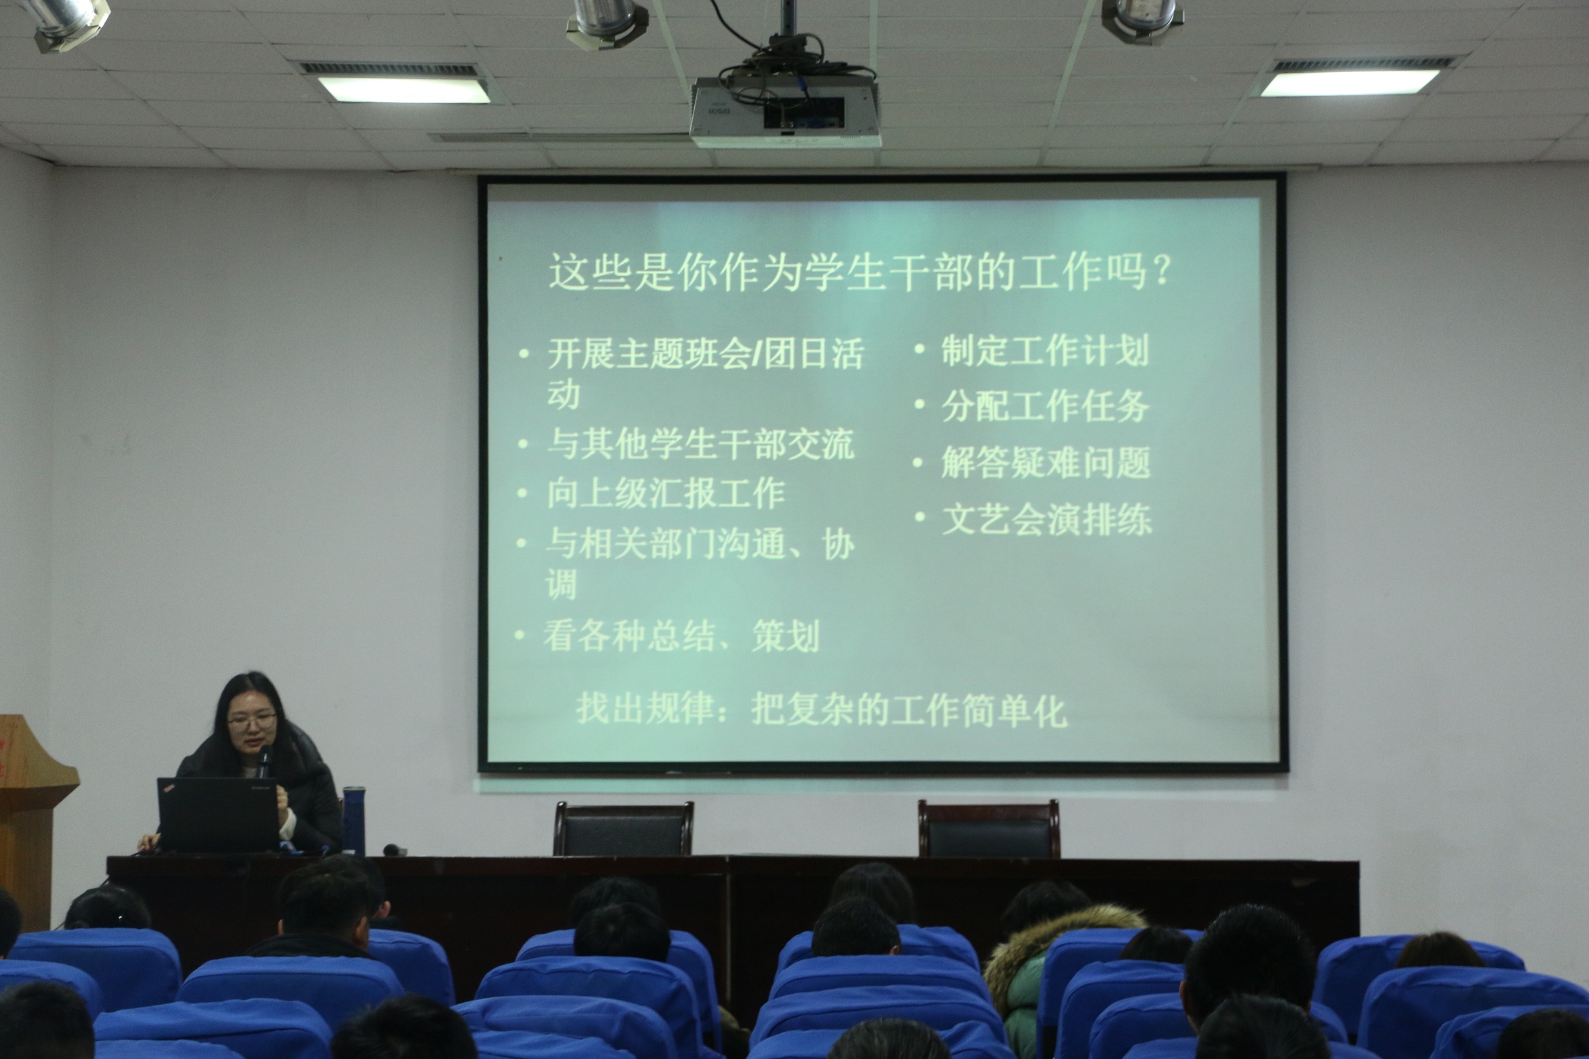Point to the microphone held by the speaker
point(263,761)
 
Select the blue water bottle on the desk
point(354,820)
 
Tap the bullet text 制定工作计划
point(1044,351)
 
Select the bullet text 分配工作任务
point(1044,406)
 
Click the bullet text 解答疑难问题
point(1045,462)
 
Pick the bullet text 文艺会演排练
point(1046,519)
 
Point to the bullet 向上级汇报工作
point(665,493)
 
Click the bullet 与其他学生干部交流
point(701,444)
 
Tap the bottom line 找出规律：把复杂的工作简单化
point(821,709)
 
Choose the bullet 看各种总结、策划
point(681,635)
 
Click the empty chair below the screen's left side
point(624,829)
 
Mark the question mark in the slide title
point(1162,272)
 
